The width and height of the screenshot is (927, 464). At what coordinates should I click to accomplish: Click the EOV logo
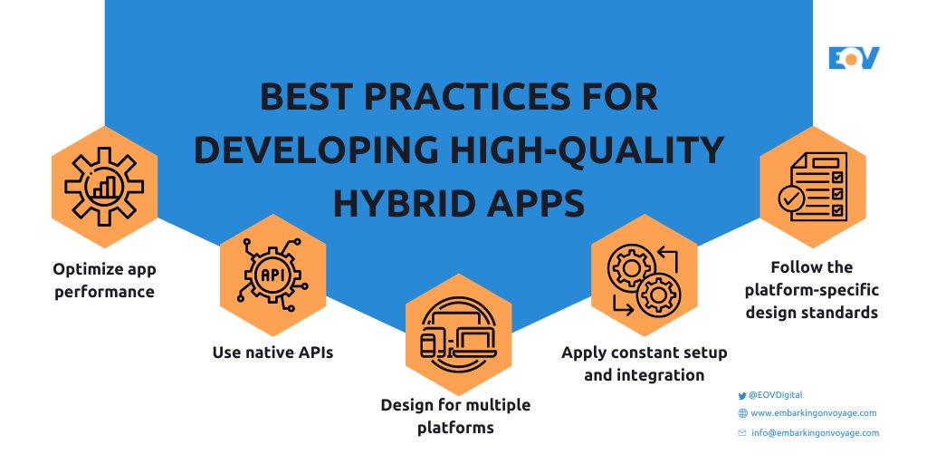[854, 58]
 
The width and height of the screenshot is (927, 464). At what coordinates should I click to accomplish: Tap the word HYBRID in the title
[398, 203]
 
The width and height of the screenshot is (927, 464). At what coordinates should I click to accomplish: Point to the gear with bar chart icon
[103, 186]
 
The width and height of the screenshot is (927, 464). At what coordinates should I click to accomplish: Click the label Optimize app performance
[103, 280]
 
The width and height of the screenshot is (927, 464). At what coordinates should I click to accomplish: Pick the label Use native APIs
[272, 352]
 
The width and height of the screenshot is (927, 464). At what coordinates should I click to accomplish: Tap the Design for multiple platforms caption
[455, 415]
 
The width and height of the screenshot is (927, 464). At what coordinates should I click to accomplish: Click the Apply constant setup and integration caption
[644, 362]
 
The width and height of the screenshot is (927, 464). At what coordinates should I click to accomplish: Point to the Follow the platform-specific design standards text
[812, 290]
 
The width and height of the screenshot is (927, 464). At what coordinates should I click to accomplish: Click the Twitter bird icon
[742, 395]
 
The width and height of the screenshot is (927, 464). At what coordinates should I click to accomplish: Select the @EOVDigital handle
[776, 395]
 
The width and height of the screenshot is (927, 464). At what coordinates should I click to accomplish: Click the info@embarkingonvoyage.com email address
[815, 433]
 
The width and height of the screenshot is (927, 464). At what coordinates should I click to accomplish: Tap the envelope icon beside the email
[742, 433]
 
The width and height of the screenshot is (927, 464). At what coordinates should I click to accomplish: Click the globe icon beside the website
[742, 413]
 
